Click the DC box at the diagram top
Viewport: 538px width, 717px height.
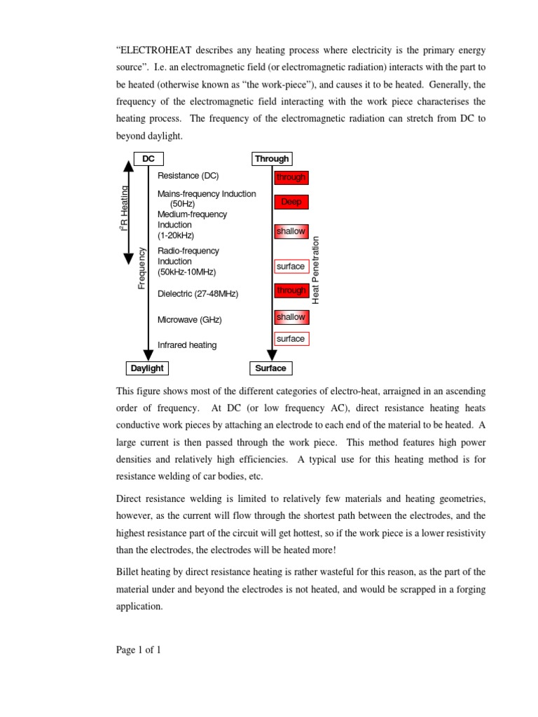click(149, 159)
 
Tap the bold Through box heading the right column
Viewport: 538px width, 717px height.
click(271, 159)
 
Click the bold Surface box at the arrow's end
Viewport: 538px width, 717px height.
click(270, 368)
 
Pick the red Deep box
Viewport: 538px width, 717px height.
click(291, 202)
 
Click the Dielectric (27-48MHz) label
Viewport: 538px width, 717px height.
click(198, 294)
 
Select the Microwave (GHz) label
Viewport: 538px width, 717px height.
click(190, 320)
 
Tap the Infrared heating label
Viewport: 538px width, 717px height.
click(187, 345)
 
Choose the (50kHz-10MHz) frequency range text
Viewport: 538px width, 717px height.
click(187, 272)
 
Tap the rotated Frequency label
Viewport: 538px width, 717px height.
click(142, 267)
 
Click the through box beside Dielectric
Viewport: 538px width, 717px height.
click(291, 291)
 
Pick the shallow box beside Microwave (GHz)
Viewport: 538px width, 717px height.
click(291, 317)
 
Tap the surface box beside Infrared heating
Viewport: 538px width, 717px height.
click(291, 339)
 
